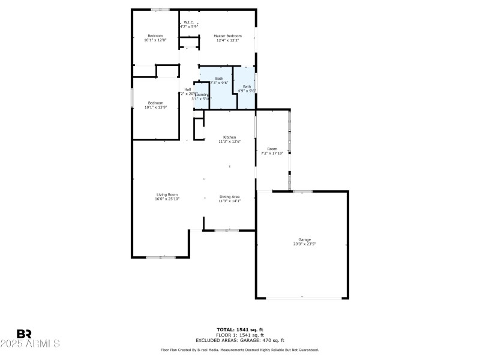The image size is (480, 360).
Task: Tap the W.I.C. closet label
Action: tap(188, 22)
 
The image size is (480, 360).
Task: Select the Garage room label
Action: tap(305, 239)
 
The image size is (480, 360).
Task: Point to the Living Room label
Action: tap(167, 194)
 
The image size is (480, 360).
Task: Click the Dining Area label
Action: tap(229, 197)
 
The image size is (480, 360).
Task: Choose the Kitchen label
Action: tap(229, 137)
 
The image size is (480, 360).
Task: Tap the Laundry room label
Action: tap(201, 95)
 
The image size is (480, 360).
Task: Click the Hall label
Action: tap(187, 89)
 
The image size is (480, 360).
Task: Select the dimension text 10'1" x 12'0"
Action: tap(155, 40)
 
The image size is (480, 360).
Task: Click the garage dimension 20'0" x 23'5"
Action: tap(305, 244)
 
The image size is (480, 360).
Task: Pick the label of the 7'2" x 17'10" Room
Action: tap(272, 148)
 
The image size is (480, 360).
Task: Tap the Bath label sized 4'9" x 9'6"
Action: tap(247, 87)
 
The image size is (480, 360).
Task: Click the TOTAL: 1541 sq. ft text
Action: tap(239, 329)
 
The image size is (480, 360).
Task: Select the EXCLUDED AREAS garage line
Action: tap(239, 340)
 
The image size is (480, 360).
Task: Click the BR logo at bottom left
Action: tap(24, 334)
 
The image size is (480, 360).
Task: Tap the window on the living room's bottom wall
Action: tap(160, 257)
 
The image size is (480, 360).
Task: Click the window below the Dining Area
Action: tap(227, 230)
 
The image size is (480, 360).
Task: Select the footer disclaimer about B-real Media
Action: tap(239, 349)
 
